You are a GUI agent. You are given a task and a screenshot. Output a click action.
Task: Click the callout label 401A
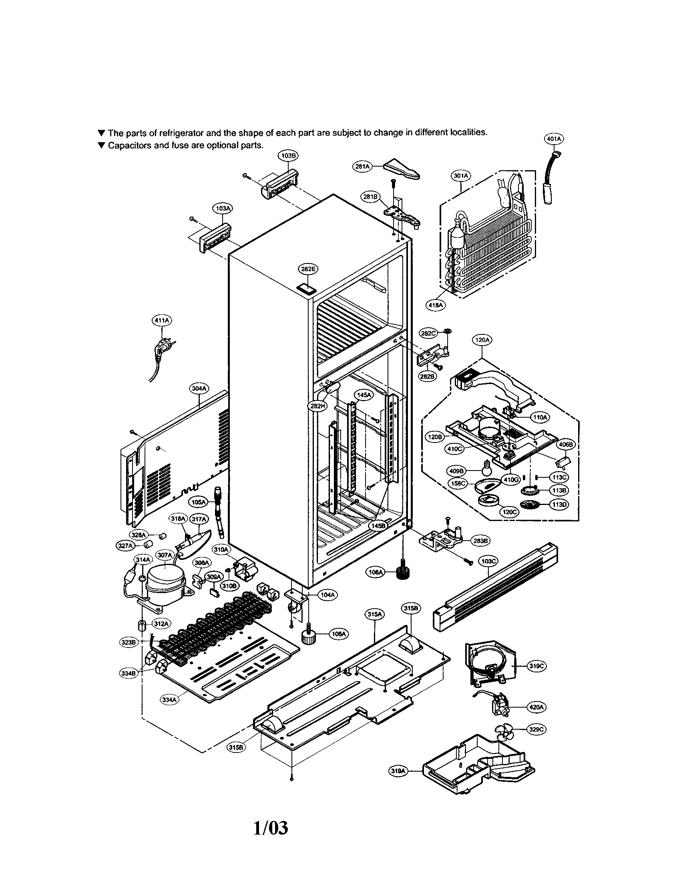coord(553,139)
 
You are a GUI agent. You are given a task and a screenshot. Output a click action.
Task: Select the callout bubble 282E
coord(307,269)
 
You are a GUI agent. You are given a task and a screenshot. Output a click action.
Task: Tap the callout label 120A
coord(482,340)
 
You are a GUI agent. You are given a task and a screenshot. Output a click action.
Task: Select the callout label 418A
coord(436,306)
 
